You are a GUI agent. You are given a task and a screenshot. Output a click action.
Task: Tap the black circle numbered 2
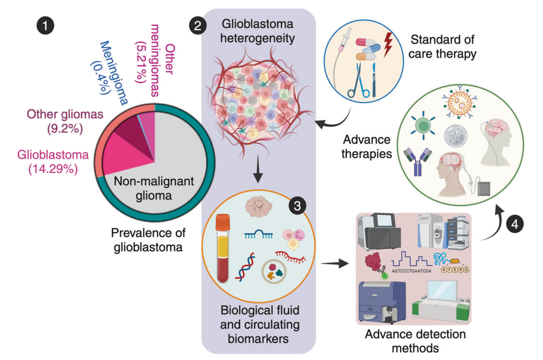click(196, 25)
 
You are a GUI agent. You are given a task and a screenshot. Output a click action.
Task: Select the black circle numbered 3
click(298, 206)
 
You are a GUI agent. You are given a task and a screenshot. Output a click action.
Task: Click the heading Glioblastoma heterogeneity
click(258, 31)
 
